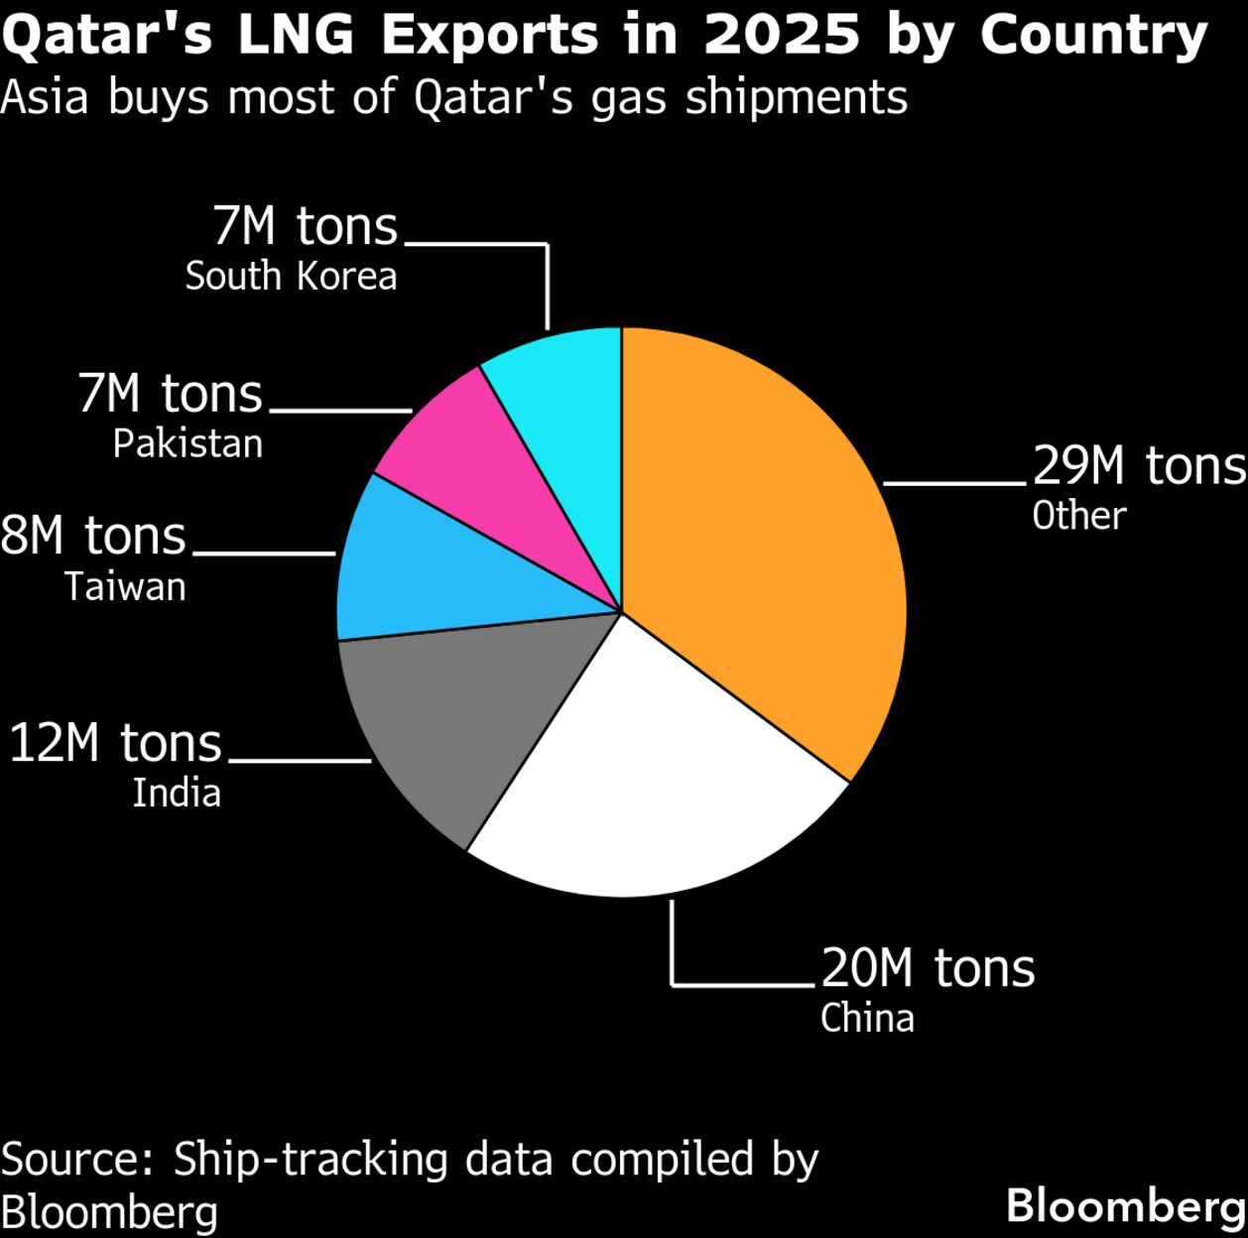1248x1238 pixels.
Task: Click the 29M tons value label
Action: [x=1139, y=465]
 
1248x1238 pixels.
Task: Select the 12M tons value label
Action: [x=115, y=743]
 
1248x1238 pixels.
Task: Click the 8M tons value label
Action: [x=93, y=536]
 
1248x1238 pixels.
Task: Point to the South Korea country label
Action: [x=291, y=276]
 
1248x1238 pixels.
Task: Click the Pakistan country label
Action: [x=187, y=442]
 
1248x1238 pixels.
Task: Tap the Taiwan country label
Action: [x=125, y=586]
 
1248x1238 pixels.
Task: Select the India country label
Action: [x=177, y=793]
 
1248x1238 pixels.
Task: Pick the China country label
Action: [x=867, y=1019]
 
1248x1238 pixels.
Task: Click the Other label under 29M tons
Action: [x=1079, y=516]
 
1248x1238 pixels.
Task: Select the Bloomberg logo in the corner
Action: [x=1126, y=1206]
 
